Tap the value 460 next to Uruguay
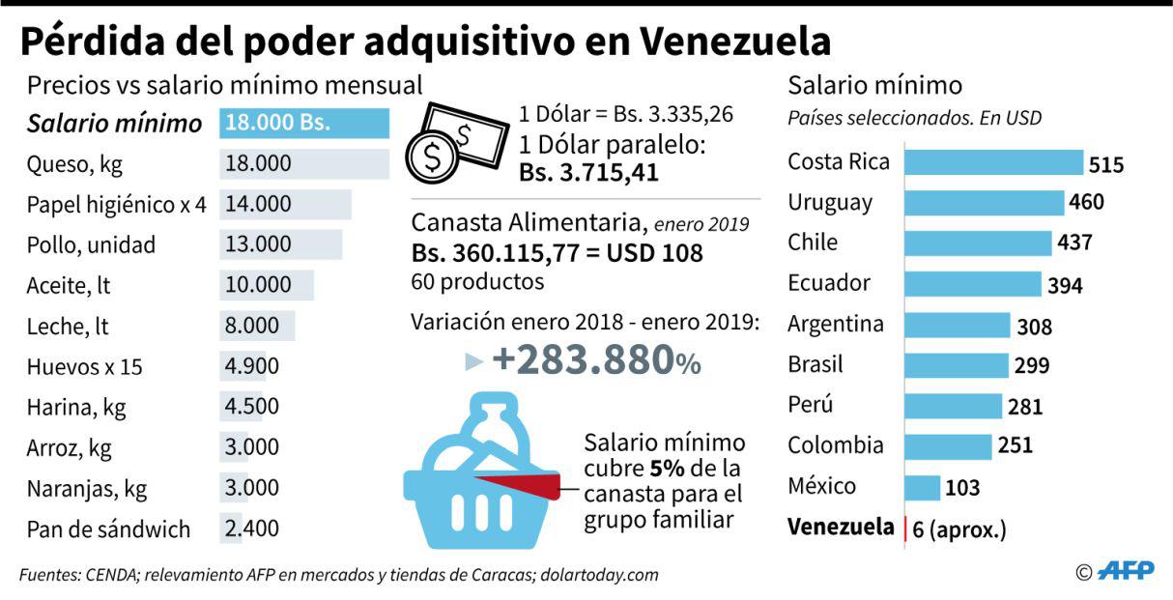1086,202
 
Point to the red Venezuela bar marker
904,529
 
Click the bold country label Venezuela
840,528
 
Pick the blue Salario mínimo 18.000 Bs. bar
304,124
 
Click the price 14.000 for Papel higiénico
258,204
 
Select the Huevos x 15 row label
86,367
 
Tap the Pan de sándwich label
108,529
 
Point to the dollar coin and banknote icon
455,142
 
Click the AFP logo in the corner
1128,571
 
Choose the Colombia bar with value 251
947,446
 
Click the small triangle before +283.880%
472,361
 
